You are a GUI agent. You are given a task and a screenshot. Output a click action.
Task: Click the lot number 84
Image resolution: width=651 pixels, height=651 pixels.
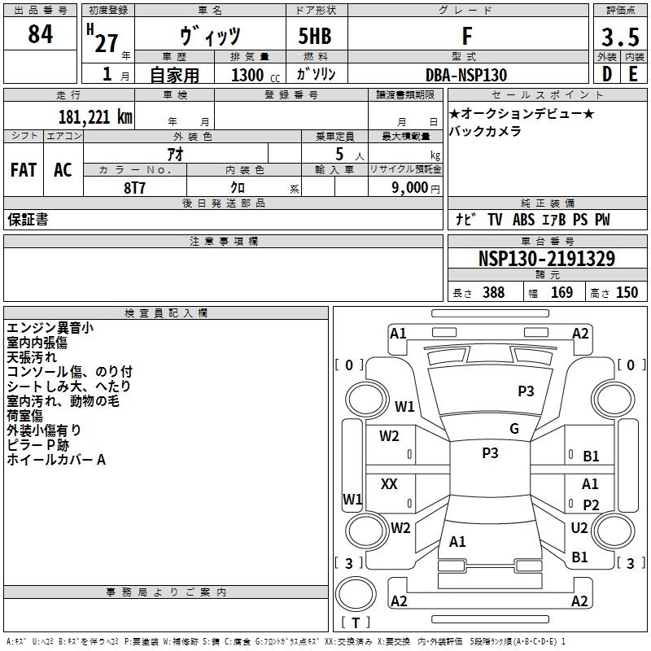tap(41, 36)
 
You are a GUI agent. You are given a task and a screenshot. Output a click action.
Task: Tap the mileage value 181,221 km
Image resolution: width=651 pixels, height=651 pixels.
tap(95, 116)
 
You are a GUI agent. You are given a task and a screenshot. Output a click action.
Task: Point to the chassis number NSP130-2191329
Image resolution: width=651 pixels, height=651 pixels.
tap(546, 259)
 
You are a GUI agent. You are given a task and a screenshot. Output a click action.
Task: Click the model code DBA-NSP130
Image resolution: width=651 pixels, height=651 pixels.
tap(466, 75)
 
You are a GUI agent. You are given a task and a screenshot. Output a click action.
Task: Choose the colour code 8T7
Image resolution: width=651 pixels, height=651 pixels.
tap(135, 187)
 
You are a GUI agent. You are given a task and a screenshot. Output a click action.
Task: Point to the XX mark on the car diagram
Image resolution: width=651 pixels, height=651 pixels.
tap(389, 484)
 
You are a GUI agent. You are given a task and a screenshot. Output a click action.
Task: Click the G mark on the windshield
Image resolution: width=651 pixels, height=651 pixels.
tap(513, 429)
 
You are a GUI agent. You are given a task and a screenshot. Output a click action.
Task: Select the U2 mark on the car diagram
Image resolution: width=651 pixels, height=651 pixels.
tap(579, 528)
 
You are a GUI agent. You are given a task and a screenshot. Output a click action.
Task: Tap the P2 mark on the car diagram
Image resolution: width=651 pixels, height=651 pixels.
tap(591, 505)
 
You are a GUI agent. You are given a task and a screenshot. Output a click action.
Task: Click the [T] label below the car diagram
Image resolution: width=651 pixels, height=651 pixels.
tap(356, 623)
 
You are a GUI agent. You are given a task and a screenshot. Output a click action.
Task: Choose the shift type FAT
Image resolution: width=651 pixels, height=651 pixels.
tap(24, 169)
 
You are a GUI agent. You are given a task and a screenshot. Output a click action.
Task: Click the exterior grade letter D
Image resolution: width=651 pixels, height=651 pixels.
tap(605, 75)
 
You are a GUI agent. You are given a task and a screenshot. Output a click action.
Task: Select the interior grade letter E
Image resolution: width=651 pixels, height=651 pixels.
tap(633, 75)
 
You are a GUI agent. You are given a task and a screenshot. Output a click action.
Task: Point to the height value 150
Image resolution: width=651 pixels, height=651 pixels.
tap(627, 293)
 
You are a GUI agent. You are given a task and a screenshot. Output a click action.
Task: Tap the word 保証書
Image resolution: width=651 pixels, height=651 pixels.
tap(28, 220)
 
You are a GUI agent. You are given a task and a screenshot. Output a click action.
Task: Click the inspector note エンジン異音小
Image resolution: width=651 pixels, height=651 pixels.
tap(50, 328)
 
